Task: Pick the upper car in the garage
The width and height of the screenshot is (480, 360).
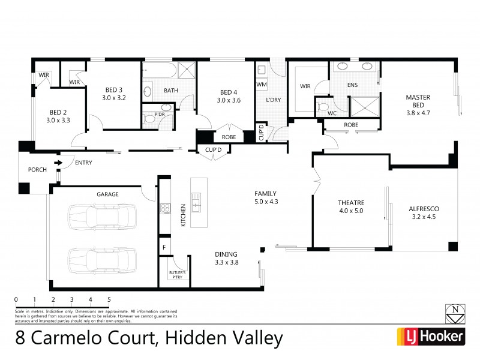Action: (x=101, y=215)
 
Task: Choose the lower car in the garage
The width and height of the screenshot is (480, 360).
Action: (x=101, y=259)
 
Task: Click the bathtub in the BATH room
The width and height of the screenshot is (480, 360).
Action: (x=159, y=73)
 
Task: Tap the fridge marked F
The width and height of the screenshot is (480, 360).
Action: (x=163, y=247)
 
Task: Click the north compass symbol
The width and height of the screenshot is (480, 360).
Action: (x=454, y=311)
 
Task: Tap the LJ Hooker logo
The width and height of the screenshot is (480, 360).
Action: (x=430, y=337)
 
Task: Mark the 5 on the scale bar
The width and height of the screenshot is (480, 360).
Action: (x=109, y=299)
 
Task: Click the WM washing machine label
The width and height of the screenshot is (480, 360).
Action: (x=261, y=85)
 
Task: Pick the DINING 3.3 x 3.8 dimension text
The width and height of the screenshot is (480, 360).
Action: (x=226, y=262)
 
